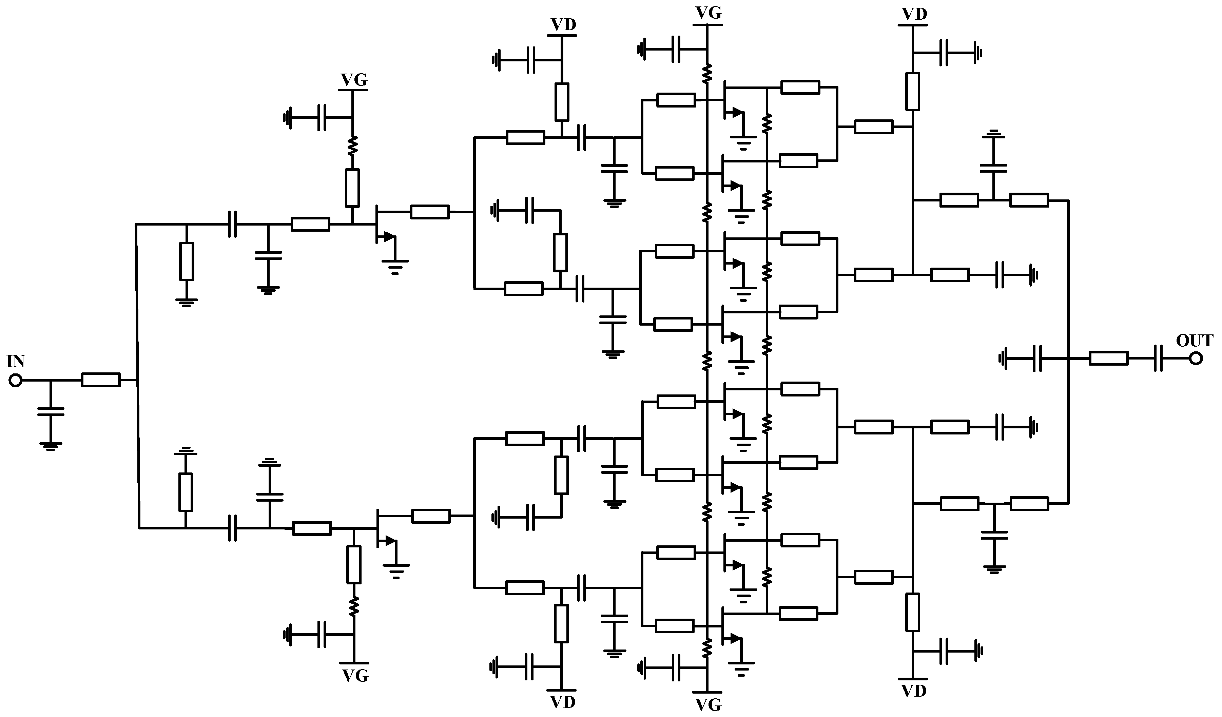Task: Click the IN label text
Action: pos(16,361)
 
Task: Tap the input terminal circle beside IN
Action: pos(16,381)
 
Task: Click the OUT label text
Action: pos(1195,341)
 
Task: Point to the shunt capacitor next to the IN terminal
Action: pos(51,412)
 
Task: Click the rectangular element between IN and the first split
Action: pos(100,380)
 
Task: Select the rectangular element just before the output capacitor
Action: pos(1108,359)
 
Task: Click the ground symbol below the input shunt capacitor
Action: pos(51,446)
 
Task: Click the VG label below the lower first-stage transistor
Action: pos(355,675)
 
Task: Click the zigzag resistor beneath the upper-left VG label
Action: pos(352,145)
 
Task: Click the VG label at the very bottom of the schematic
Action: pos(709,704)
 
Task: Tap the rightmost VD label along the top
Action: pos(914,15)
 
